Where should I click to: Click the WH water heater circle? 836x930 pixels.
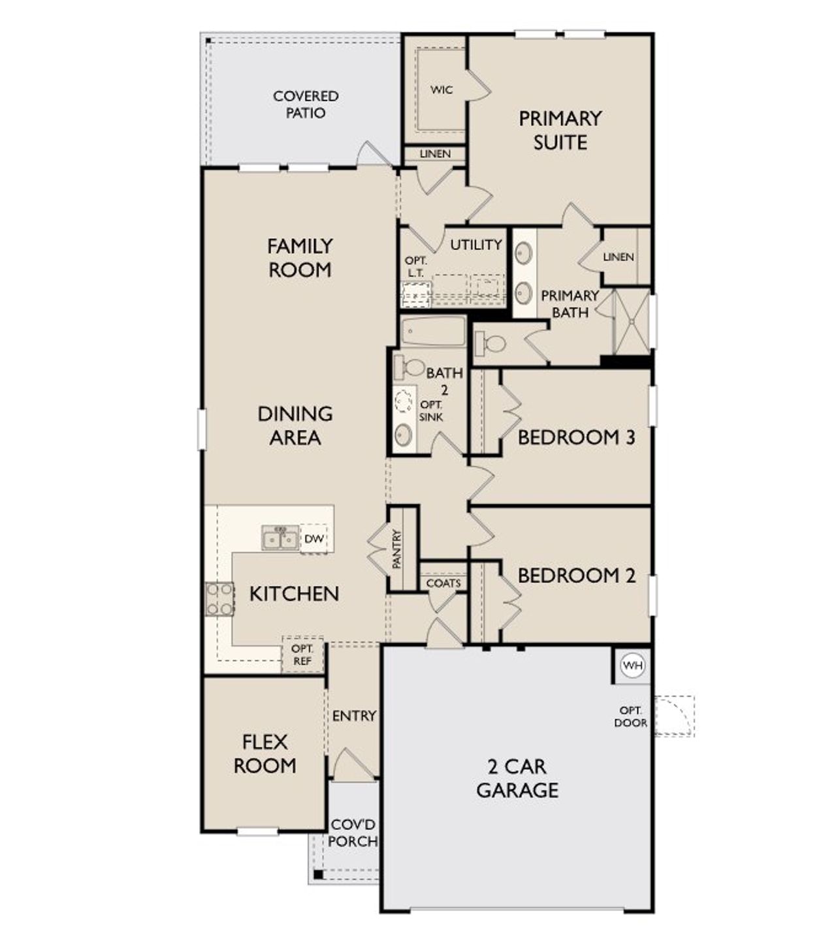632,665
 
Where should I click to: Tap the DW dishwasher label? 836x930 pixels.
314,538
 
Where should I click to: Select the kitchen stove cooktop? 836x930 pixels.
219,598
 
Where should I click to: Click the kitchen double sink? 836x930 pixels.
280,538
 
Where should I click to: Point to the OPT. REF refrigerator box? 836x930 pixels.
302,655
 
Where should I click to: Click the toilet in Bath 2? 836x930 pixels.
410,367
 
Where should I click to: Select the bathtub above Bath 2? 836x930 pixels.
433,332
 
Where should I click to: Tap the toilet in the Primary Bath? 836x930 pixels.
490,343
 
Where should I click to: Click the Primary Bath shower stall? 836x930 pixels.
632,322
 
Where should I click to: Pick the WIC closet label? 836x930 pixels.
442,90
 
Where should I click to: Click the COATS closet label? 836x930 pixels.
443,583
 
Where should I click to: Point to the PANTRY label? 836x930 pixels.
397,550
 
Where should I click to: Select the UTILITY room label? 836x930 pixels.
476,245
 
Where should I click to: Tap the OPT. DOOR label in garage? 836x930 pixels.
631,717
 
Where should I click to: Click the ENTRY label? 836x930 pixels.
354,715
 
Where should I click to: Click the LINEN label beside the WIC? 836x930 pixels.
435,154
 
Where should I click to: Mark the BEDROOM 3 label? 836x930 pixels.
577,437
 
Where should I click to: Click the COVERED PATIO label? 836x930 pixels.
306,104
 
